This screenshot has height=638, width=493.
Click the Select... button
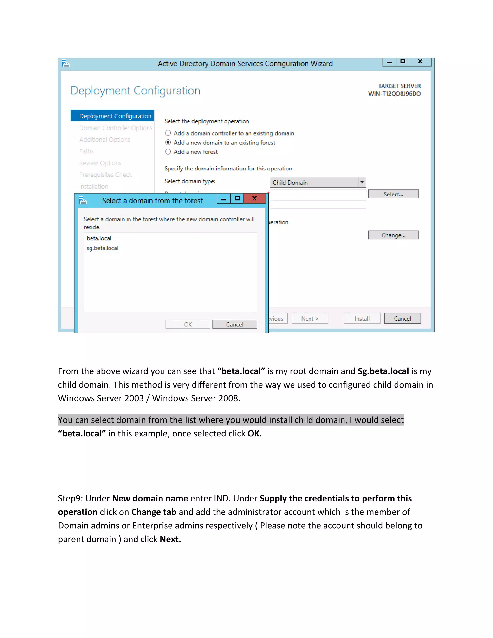(x=393, y=194)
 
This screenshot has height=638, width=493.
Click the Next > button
(x=310, y=319)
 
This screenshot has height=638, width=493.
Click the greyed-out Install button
(x=362, y=319)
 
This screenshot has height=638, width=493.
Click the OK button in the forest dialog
(x=188, y=325)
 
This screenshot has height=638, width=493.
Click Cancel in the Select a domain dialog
(x=234, y=325)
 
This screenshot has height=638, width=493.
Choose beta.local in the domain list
(x=99, y=238)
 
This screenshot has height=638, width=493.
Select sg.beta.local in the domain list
(x=103, y=248)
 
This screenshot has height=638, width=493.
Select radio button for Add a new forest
(x=168, y=152)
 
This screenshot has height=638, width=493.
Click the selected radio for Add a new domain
(x=168, y=143)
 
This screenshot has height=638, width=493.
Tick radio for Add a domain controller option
(x=168, y=133)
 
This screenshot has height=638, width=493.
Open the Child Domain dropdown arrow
(x=362, y=182)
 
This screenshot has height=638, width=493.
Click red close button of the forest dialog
(x=254, y=199)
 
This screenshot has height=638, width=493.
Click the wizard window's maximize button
(x=403, y=62)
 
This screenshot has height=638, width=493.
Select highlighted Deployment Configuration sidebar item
(x=115, y=116)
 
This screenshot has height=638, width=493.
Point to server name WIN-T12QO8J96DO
(x=394, y=94)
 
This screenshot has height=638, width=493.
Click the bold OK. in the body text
(x=254, y=434)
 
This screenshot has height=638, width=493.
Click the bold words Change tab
(x=154, y=512)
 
